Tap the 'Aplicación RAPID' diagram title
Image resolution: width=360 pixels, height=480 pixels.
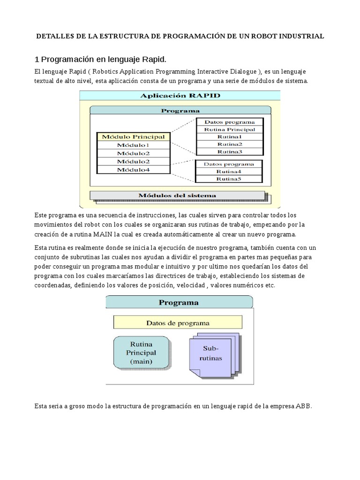(x=180, y=96)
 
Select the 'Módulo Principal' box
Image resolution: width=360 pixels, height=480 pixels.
(x=134, y=137)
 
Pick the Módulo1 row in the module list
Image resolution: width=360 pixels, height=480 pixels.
(x=134, y=145)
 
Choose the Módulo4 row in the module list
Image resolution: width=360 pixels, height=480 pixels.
(x=134, y=170)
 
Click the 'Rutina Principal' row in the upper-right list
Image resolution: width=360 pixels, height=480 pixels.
(x=229, y=129)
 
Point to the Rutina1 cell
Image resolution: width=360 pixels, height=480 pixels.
(x=229, y=136)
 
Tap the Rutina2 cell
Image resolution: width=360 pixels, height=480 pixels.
(x=229, y=144)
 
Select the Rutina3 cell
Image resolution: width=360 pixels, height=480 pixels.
(x=229, y=151)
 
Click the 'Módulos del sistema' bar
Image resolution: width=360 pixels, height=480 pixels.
(x=177, y=195)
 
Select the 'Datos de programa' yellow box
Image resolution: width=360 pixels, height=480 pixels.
(x=178, y=323)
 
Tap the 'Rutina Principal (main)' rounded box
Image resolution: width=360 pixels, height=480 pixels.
(x=141, y=352)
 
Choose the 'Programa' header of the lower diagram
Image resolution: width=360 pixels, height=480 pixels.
(x=179, y=302)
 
